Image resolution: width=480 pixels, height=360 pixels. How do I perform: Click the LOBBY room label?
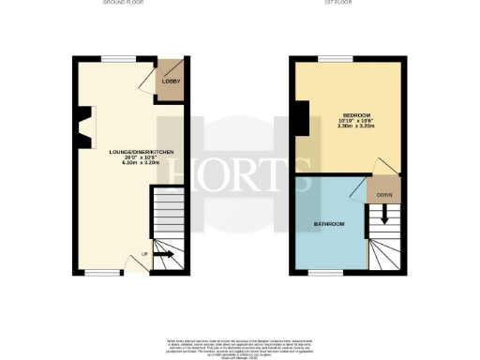pos(172,82)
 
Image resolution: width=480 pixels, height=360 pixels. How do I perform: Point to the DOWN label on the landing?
pos(384,195)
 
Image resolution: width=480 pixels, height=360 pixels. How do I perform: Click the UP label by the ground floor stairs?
pos(144,254)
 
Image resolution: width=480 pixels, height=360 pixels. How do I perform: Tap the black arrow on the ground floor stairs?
pos(163,253)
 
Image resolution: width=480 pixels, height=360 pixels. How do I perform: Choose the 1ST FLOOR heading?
pos(349,4)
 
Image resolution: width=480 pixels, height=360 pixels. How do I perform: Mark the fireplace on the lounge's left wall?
pos(84,127)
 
